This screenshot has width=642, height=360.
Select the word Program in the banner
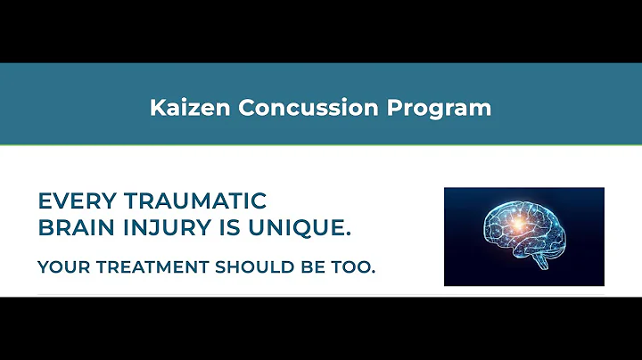[x=440, y=108]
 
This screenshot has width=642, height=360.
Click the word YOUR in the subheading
[x=61, y=267]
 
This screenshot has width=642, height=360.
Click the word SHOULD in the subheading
[x=246, y=267]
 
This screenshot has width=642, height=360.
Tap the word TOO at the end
[x=356, y=267]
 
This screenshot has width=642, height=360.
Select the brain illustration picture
[x=523, y=236]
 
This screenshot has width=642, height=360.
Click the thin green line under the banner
[x=321, y=144]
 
